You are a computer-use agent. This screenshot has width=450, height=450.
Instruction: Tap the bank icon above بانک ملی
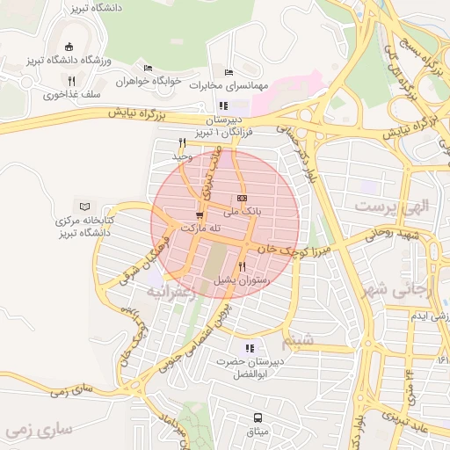coord(243,198)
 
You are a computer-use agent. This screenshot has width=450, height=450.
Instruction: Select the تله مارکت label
coord(200,228)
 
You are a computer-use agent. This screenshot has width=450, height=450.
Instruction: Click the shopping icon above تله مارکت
coord(200,214)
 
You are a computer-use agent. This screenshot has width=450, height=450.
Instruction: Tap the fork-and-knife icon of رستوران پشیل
coord(242,266)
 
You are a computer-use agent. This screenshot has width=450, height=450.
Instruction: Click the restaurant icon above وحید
coord(182,142)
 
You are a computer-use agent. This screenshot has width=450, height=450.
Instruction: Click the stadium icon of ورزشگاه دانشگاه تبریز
coord(70,47)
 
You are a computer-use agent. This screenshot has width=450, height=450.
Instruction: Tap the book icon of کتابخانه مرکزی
coord(84,206)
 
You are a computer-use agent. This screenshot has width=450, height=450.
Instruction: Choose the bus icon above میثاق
coord(258,417)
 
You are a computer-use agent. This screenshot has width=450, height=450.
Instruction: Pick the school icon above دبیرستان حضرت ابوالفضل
coord(250,348)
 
